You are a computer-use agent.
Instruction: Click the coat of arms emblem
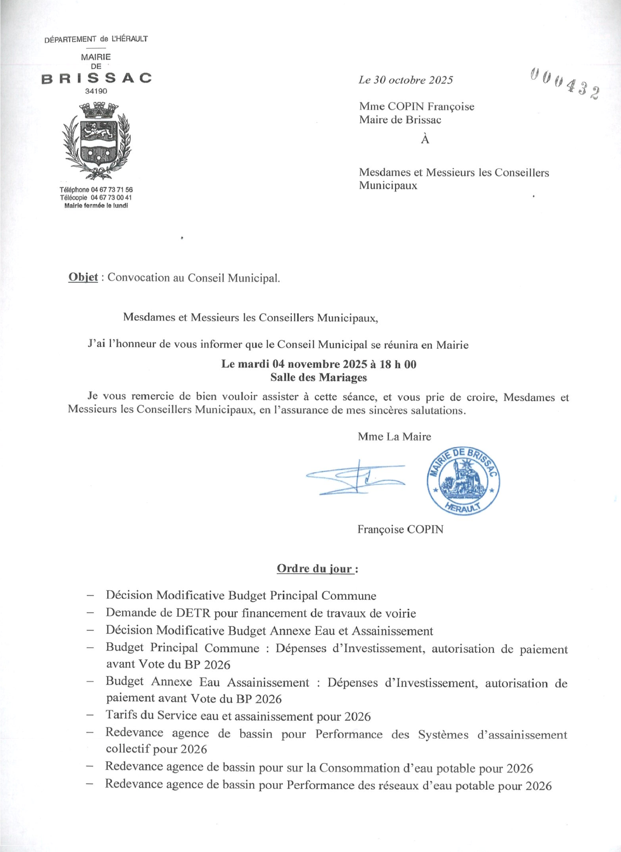(97, 141)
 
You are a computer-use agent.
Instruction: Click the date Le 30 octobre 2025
(406, 80)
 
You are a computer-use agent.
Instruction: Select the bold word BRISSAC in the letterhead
(97, 78)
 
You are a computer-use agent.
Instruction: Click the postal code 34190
(96, 91)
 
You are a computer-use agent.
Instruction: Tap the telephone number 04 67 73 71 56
(112, 190)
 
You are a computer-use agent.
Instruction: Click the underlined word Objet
(83, 277)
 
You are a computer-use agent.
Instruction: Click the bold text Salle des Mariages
(318, 377)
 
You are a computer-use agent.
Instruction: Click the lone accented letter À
(425, 139)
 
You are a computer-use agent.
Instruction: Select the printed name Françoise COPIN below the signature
(400, 529)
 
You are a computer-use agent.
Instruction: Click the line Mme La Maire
(394, 436)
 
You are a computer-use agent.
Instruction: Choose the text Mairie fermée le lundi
(96, 206)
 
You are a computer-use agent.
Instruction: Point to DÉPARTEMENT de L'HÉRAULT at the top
(96, 39)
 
